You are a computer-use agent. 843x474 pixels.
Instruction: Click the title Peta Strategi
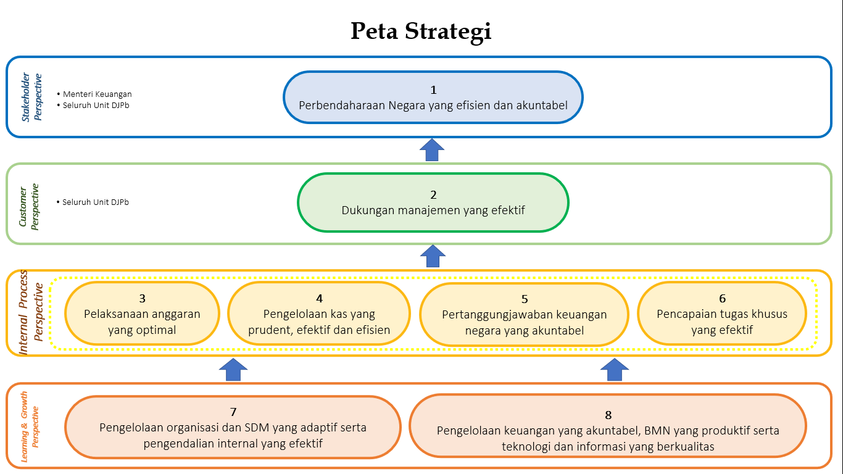tap(421, 31)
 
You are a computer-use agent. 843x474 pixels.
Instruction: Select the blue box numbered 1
tap(433, 97)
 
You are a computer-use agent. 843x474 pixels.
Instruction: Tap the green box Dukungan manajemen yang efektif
tap(433, 202)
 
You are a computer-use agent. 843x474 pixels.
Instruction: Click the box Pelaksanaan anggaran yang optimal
tap(142, 314)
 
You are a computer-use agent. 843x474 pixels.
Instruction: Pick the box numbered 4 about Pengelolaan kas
tap(319, 314)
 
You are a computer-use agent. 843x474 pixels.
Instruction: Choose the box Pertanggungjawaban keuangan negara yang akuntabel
tap(524, 314)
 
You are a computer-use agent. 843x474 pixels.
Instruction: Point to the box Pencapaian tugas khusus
tap(722, 314)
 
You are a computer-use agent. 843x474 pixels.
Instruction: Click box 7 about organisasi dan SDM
tap(233, 427)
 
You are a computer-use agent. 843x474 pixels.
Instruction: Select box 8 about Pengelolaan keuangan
tap(608, 426)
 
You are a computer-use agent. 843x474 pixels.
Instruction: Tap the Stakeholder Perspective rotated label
tap(31, 97)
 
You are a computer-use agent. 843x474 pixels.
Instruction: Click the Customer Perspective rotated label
tap(28, 207)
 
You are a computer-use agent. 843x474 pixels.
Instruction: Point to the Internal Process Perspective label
tap(31, 312)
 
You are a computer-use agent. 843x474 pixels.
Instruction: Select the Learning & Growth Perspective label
tap(30, 426)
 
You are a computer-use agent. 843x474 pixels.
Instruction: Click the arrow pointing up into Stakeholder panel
tap(432, 150)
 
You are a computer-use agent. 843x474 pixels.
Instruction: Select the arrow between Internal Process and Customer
tap(433, 256)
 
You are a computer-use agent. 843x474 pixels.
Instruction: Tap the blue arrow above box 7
tap(233, 369)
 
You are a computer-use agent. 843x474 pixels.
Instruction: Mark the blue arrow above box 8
tap(615, 369)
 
